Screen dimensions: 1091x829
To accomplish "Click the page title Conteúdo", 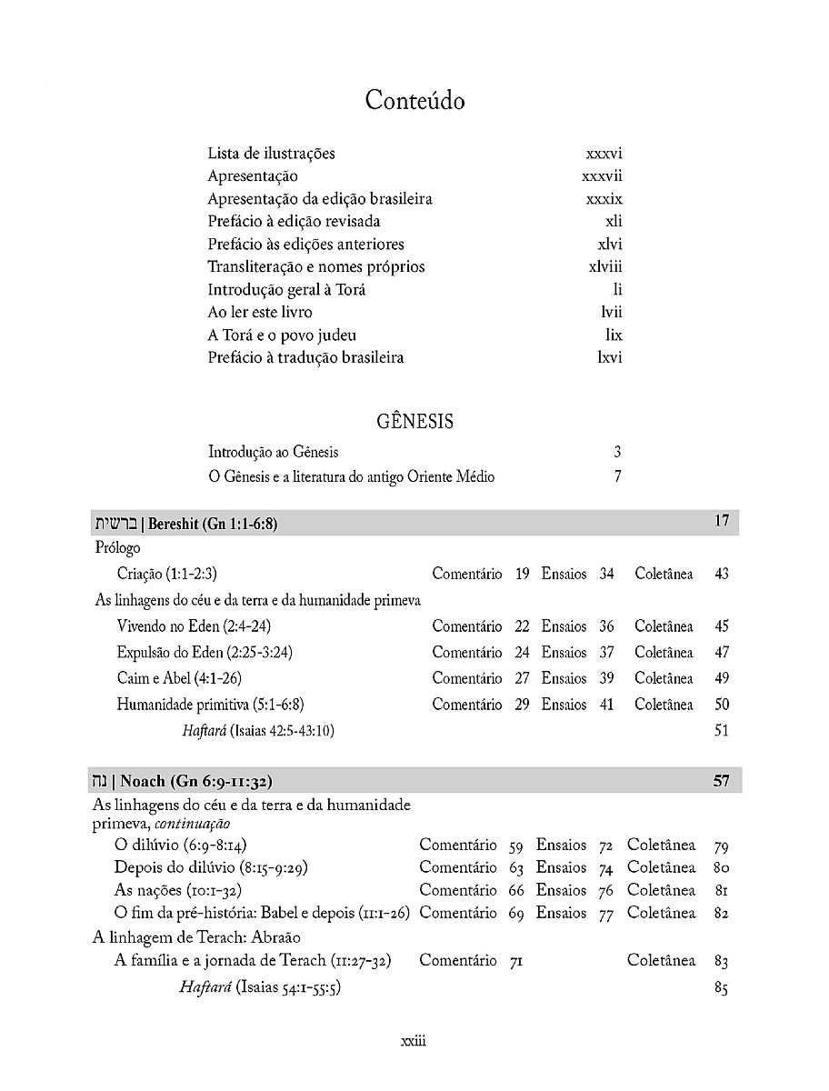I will [x=414, y=100].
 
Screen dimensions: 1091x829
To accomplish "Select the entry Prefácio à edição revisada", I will [x=294, y=222].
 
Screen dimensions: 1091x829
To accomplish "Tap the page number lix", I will [x=614, y=335].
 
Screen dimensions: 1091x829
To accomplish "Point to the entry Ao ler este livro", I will [x=260, y=313].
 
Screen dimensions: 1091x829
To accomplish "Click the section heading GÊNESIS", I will [x=414, y=422].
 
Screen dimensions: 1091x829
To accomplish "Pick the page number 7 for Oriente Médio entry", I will [x=617, y=476].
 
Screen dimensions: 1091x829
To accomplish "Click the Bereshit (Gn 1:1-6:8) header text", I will [x=212, y=524].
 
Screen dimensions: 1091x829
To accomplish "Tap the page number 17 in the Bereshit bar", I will [x=722, y=522].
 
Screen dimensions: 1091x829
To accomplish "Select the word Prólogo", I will [x=117, y=548].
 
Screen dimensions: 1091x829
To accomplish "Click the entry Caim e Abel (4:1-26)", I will [x=179, y=678].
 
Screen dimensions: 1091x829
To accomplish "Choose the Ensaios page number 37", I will [x=606, y=652].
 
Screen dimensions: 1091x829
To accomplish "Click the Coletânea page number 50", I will [x=722, y=705].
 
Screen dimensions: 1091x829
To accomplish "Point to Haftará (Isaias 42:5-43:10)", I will [x=258, y=730].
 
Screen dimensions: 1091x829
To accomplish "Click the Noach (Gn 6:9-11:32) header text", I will [x=195, y=781].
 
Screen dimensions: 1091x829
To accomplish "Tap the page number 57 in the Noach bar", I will [x=721, y=781].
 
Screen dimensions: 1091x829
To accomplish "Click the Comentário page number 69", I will [x=516, y=914].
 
